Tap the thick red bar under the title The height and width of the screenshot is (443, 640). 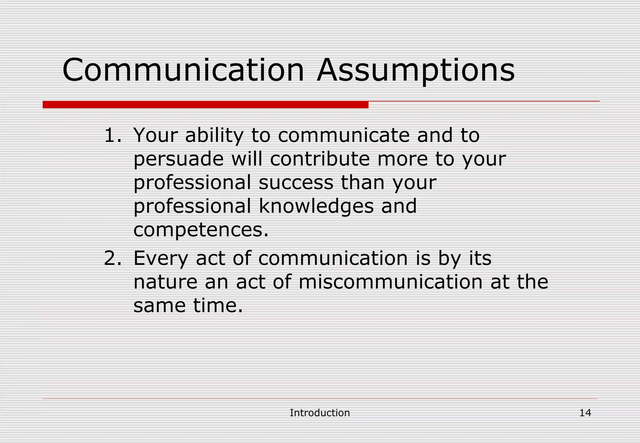205,105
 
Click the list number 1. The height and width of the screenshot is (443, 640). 112,135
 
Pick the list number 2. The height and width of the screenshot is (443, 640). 112,258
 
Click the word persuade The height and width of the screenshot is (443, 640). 178,159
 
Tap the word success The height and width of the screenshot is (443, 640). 296,182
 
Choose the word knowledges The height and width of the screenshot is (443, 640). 316,206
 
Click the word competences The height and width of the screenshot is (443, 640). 201,230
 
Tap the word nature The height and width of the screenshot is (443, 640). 165,282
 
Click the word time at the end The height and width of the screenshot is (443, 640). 217,306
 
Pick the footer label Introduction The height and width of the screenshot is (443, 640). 320,413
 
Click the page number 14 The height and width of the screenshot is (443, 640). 585,413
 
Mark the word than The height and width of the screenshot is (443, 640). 362,182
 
